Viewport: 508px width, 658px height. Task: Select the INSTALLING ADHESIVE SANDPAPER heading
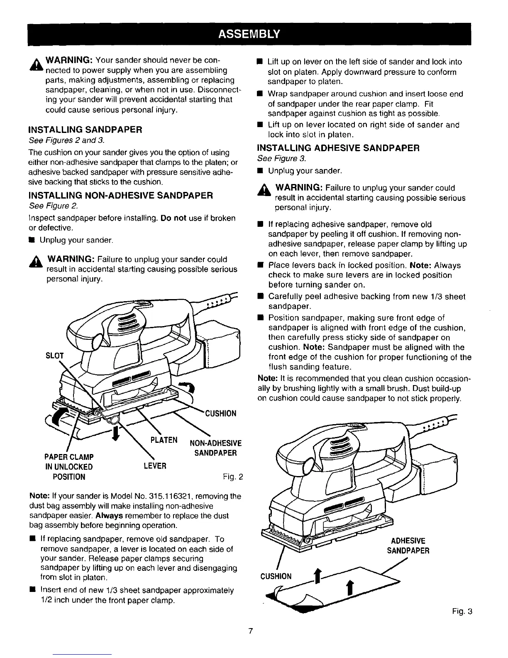click(339, 147)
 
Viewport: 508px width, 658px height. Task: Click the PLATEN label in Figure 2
click(164, 439)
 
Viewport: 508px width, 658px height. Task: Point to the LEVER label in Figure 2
click(155, 466)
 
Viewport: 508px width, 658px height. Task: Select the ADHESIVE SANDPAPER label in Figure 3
click(408, 545)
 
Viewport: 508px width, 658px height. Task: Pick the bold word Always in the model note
click(109, 516)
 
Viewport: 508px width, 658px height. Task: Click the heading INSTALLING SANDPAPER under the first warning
click(85, 129)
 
